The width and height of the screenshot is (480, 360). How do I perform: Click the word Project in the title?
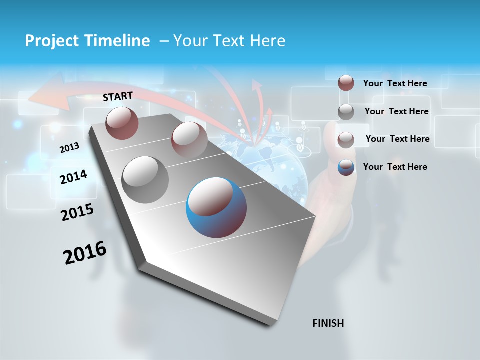48,41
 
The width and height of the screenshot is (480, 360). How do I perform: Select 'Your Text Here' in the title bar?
229,41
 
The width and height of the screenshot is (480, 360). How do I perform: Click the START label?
118,96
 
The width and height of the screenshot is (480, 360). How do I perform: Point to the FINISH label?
328,323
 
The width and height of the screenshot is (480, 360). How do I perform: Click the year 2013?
70,147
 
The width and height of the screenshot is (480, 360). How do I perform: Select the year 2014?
73,177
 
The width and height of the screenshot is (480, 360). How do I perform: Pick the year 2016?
85,252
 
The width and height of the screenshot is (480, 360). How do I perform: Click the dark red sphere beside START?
122,123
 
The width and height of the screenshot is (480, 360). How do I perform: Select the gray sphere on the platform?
145,180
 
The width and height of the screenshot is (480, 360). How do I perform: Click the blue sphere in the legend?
346,167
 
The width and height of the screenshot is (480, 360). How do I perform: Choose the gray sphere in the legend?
346,112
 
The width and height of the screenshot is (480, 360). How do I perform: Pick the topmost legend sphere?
346,83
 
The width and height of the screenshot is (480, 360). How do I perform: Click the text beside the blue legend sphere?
395,167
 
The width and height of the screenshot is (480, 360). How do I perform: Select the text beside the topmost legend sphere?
395,83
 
